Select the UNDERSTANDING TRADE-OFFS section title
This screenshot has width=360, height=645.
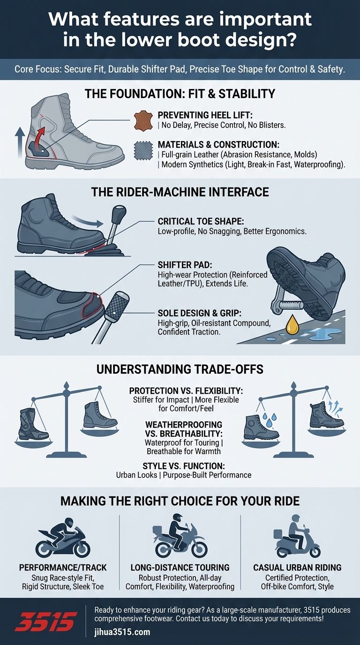pyautogui.click(x=180, y=369)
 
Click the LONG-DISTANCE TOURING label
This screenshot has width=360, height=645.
pyautogui.click(x=180, y=568)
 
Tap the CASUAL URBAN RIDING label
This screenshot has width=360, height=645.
pyautogui.click(x=297, y=568)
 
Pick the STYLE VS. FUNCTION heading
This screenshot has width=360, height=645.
pyautogui.click(x=183, y=466)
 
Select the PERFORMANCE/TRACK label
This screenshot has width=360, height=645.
pyautogui.click(x=62, y=568)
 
